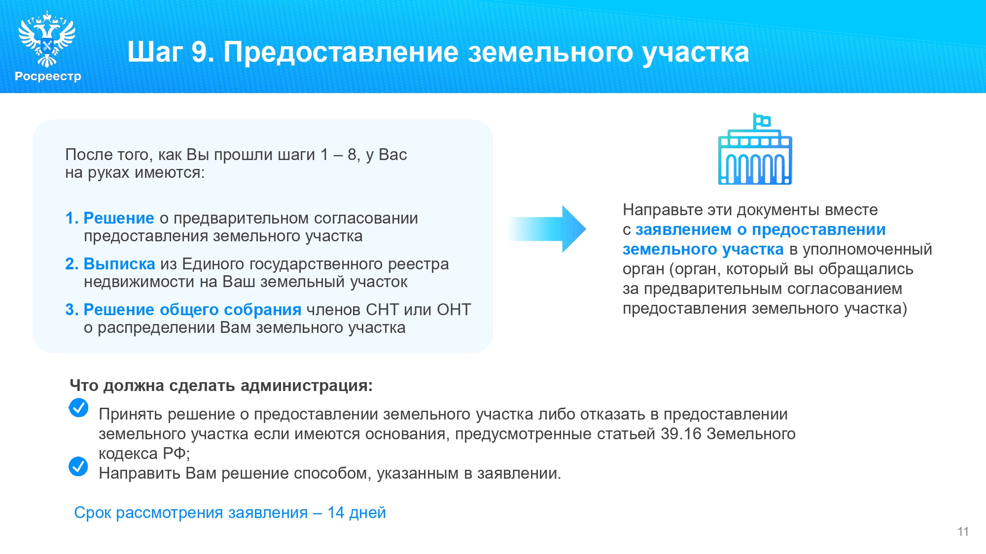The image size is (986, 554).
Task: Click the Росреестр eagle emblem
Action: [47, 39]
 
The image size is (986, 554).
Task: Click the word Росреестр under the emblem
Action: [48, 77]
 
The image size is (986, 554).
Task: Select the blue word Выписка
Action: [119, 264]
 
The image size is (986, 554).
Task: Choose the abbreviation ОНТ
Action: [454, 310]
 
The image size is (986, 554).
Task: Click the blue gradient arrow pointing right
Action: [547, 229]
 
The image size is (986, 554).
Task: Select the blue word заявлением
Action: [683, 230]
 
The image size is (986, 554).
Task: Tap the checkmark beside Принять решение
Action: [78, 408]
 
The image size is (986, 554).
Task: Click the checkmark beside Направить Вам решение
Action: [78, 466]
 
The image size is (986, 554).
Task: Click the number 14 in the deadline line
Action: [336, 513]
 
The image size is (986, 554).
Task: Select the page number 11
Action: [963, 532]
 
